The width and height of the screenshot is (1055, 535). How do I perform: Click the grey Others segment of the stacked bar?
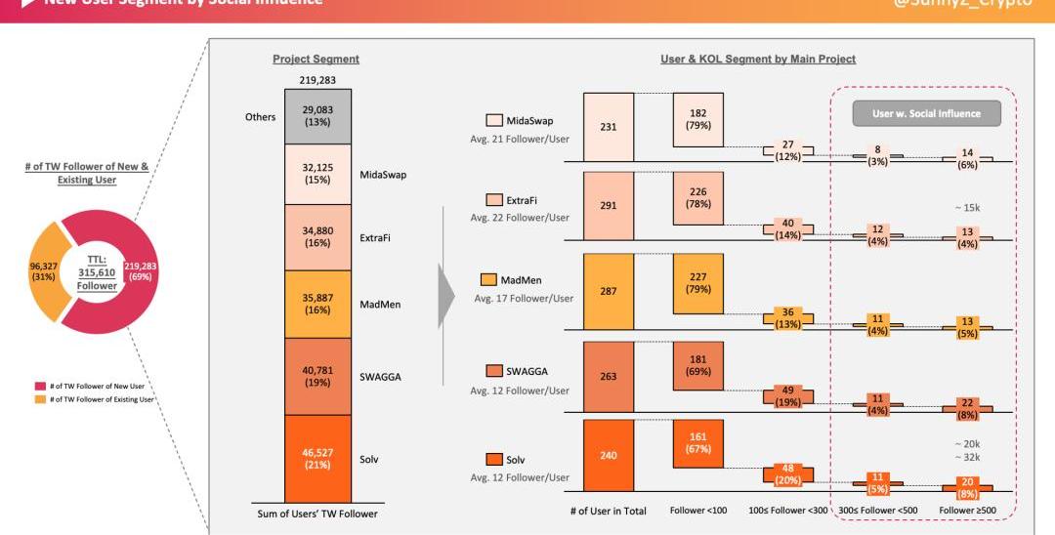(317, 116)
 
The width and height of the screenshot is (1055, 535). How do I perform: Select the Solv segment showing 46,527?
(317, 458)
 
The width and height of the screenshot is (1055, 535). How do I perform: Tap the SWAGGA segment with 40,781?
(317, 376)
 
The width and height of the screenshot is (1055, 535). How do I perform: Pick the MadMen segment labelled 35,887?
(317, 304)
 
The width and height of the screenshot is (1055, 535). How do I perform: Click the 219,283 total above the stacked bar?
(317, 79)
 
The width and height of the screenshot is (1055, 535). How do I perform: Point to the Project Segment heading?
(316, 60)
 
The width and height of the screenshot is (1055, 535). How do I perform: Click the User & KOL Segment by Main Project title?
(758, 60)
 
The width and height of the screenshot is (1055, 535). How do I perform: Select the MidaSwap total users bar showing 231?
(609, 127)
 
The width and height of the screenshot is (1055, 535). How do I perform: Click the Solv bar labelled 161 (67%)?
(697, 444)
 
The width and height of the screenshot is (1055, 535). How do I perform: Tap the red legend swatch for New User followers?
(38, 387)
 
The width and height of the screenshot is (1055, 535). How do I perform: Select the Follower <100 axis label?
(697, 511)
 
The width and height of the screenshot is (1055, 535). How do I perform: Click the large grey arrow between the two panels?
(446, 294)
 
